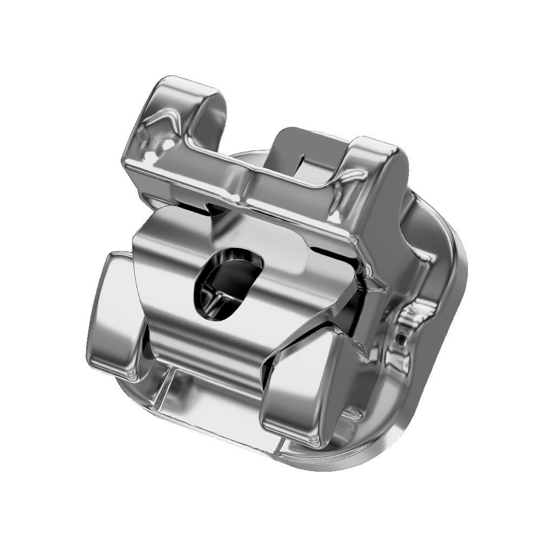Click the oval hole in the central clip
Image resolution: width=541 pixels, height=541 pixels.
point(227,284)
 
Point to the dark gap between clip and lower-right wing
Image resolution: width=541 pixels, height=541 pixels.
point(270,373)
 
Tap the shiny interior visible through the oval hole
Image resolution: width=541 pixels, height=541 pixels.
point(216,295)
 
